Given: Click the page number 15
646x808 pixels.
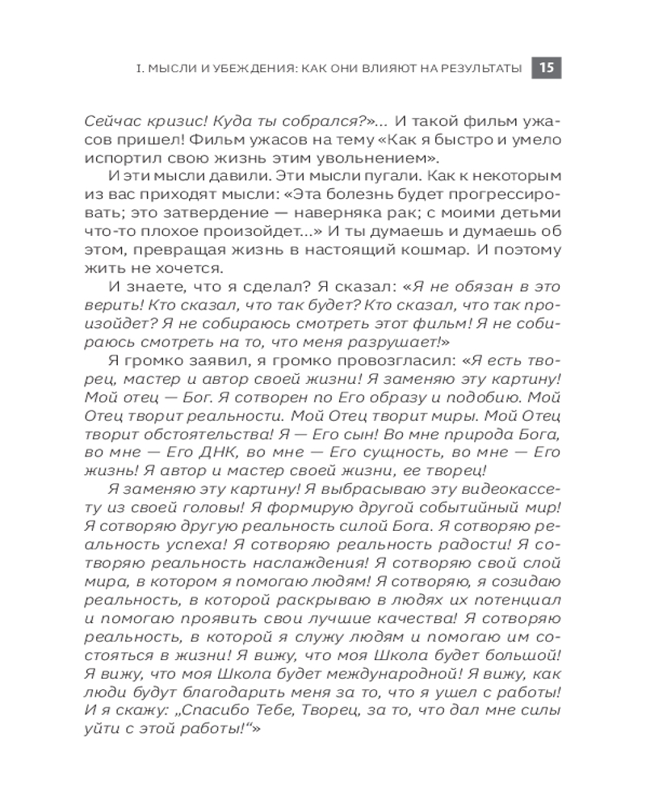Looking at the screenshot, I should coord(546,69).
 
